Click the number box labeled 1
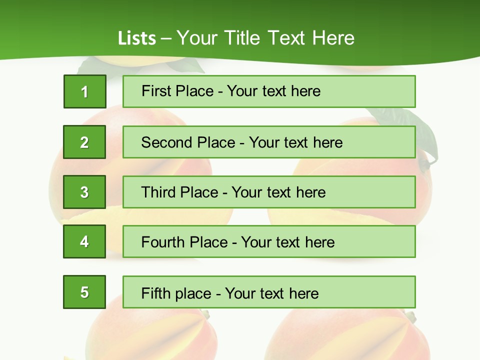[84, 91]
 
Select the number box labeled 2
[84, 142]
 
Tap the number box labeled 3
[84, 192]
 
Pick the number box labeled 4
[84, 241]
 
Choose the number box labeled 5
[84, 292]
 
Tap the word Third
[158, 192]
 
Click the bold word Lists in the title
[137, 38]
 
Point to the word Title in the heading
[243, 38]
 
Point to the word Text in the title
[287, 38]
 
